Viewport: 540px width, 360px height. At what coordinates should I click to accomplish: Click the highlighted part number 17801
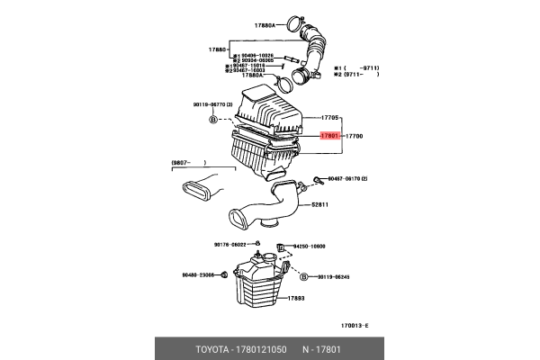tap(329, 136)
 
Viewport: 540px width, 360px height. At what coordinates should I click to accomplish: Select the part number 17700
tap(355, 136)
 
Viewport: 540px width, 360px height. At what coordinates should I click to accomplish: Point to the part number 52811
tap(321, 204)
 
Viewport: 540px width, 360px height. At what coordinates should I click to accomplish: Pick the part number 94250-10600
tap(306, 247)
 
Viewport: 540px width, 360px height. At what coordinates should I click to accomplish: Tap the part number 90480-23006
tap(198, 276)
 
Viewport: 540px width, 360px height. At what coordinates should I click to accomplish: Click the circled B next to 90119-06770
tap(212, 119)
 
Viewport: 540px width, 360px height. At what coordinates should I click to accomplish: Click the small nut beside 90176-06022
tap(258, 244)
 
